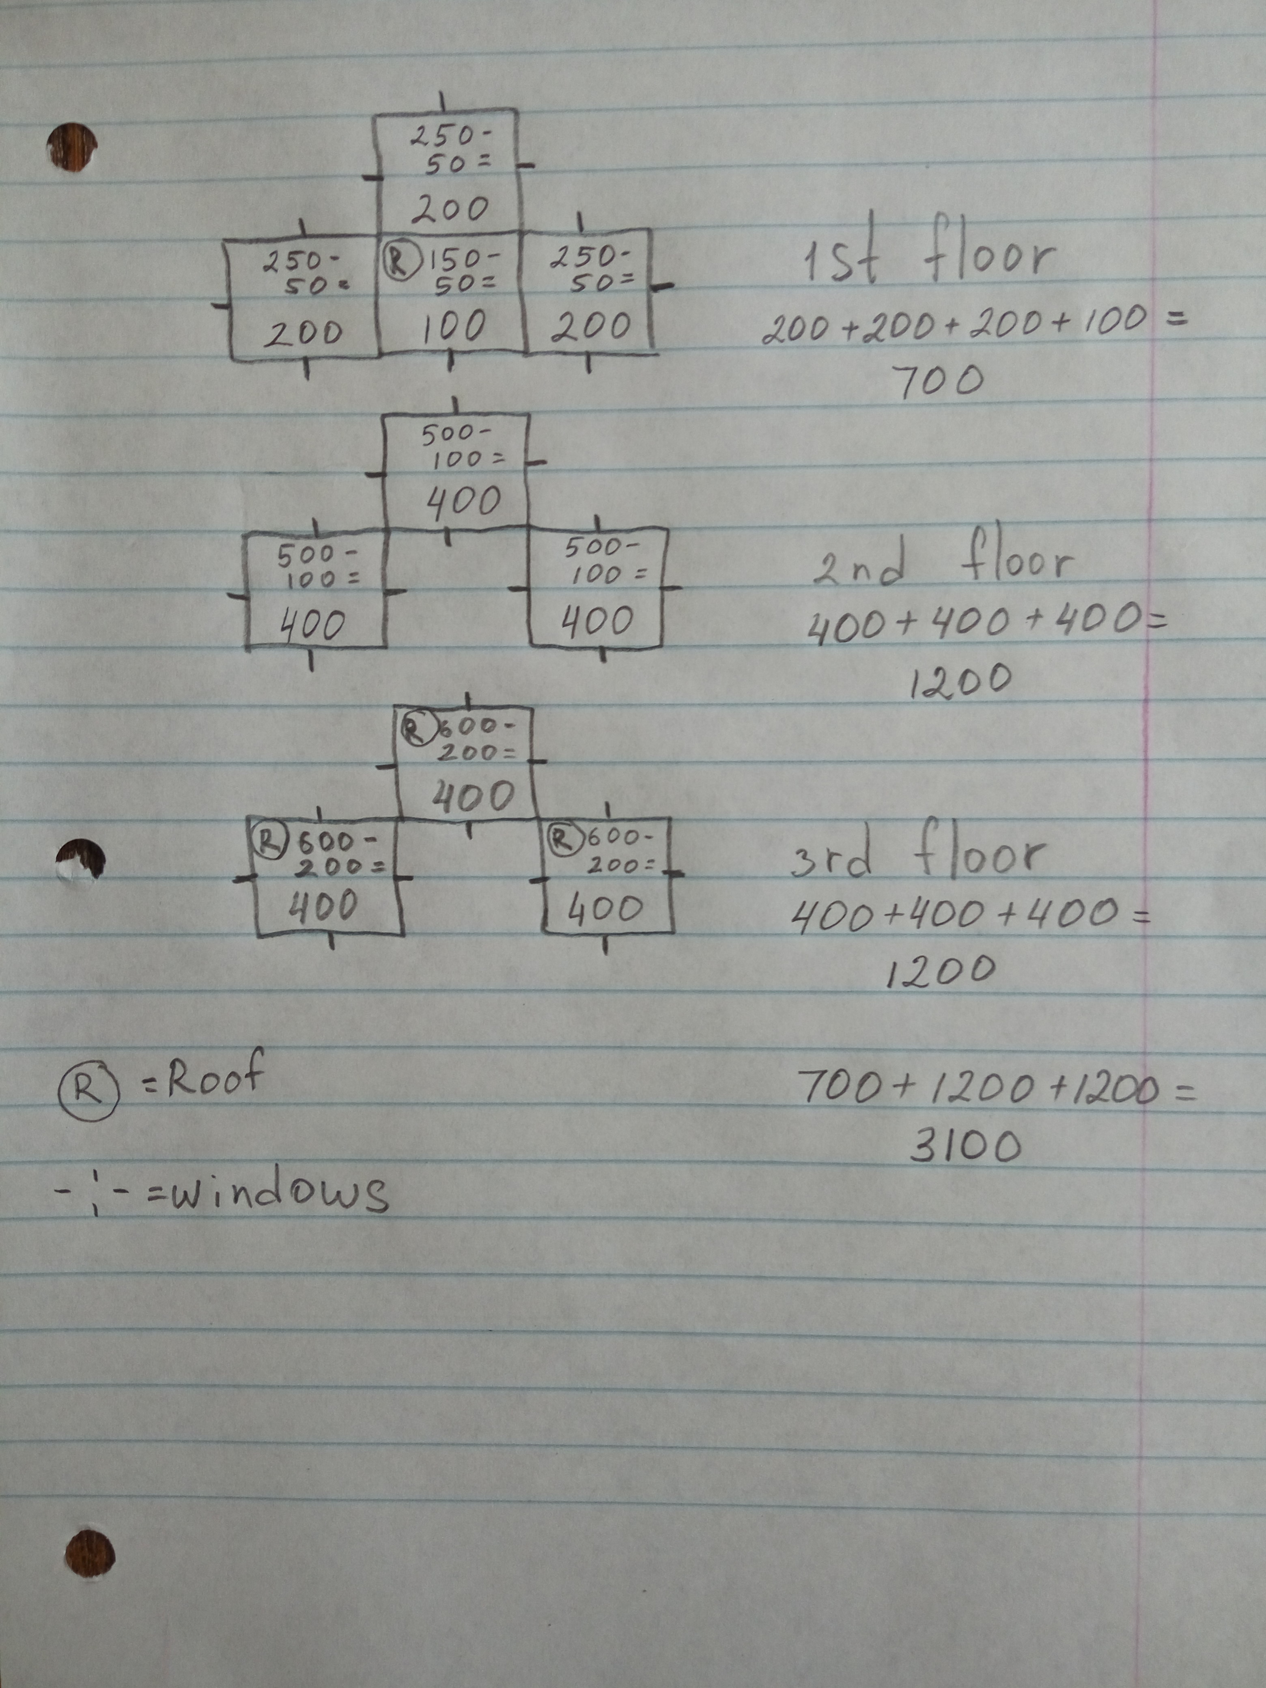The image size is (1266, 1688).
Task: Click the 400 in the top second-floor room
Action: pos(463,502)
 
